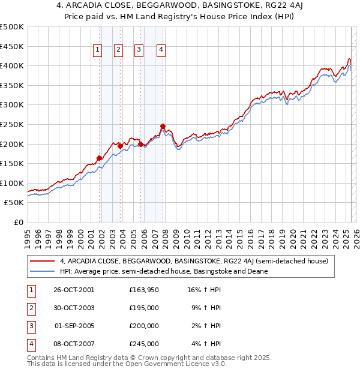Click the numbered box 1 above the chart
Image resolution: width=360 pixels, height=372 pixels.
coord(97,50)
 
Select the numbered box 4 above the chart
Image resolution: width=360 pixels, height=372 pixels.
coord(161,50)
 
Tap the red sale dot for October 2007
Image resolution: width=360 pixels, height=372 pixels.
coord(163,126)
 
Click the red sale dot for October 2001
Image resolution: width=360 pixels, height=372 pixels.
coord(99,158)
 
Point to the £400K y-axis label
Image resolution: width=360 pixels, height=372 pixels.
coord(12,65)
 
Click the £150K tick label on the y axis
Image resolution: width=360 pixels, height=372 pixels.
coord(12,163)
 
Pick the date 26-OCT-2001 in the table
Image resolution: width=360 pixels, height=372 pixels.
coord(74,289)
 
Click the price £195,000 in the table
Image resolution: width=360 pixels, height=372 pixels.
coord(144,308)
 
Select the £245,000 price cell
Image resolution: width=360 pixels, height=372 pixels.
coord(144,344)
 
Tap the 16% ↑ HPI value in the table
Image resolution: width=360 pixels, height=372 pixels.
coord(204,289)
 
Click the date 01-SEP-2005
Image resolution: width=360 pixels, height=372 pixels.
coord(74,326)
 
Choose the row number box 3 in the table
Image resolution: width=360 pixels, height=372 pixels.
coord(30,326)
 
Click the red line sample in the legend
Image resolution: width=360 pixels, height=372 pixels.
coord(42,262)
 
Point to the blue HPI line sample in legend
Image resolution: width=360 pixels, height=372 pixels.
coord(42,272)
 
